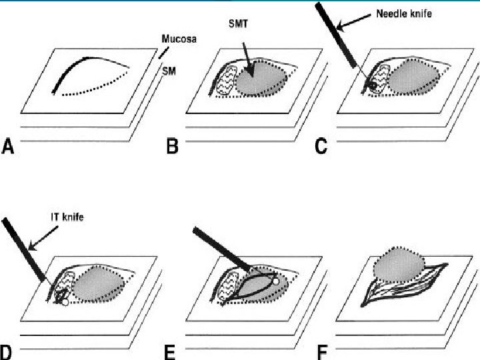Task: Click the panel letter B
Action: (171, 146)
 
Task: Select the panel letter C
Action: (321, 146)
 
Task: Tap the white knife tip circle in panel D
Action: (64, 302)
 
